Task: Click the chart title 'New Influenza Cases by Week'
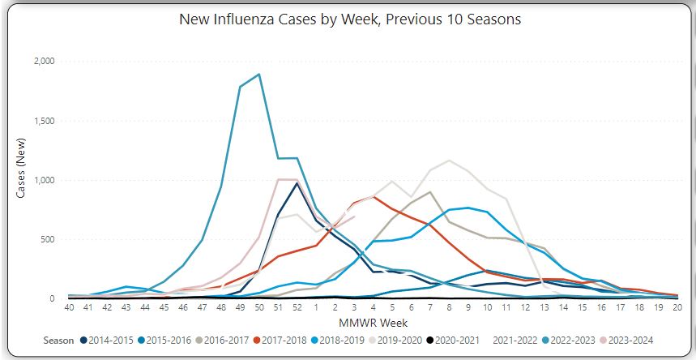coord(349,19)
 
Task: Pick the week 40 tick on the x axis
coord(70,309)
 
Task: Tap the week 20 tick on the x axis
coord(677,309)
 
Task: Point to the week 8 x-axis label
coord(448,309)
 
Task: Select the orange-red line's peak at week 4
coord(373,196)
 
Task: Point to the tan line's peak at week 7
coord(429,192)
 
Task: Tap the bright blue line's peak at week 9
coord(468,208)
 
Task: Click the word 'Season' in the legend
coord(58,340)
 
